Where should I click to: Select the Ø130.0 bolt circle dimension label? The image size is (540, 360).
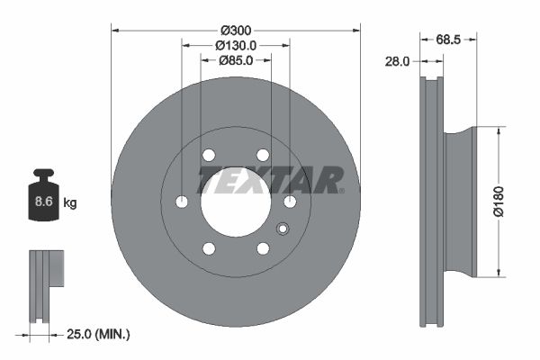(x=236, y=45)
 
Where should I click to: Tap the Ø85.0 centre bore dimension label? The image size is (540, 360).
(x=236, y=60)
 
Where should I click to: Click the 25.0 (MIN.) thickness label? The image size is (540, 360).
(x=100, y=335)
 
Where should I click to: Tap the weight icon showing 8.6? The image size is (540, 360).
(x=43, y=197)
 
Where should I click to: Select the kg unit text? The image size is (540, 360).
(x=70, y=203)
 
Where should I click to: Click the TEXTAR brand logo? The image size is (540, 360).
(x=270, y=178)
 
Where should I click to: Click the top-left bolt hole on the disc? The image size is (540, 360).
(x=209, y=155)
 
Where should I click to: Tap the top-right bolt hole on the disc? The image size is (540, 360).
(x=263, y=155)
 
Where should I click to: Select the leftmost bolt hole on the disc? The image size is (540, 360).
(x=182, y=202)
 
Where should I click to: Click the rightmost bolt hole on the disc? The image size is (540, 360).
(x=290, y=202)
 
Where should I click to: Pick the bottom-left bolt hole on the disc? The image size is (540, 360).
(x=209, y=248)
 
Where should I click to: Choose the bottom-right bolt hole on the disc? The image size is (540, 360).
(x=263, y=248)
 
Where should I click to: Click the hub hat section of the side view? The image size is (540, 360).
(x=461, y=202)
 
